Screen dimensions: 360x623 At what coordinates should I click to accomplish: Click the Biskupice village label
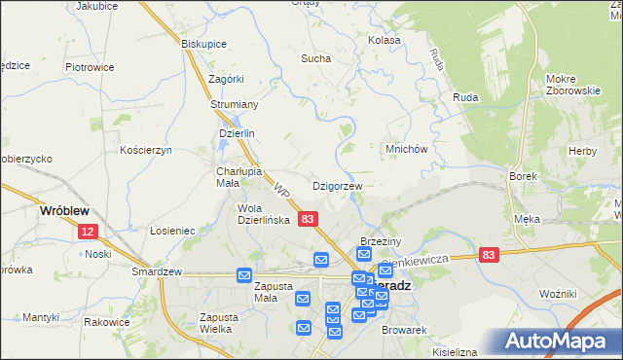pyautogui.click(x=204, y=44)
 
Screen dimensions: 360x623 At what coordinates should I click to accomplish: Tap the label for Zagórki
pyautogui.click(x=225, y=79)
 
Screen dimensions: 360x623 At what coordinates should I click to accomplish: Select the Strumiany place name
pyautogui.click(x=234, y=104)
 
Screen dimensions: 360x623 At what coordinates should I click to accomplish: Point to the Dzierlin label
pyautogui.click(x=237, y=134)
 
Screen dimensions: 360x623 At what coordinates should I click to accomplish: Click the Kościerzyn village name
pyautogui.click(x=145, y=150)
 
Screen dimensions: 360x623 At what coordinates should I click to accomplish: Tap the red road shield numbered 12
pyautogui.click(x=89, y=232)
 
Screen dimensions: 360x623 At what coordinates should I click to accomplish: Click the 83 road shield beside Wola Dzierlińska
pyautogui.click(x=308, y=220)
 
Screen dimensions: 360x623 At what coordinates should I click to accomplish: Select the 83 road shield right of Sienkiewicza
pyautogui.click(x=489, y=254)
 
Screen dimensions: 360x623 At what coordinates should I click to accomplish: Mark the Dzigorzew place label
pyautogui.click(x=337, y=185)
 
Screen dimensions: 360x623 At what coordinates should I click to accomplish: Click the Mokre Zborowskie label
pyautogui.click(x=573, y=85)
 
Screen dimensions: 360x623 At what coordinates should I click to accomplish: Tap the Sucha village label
pyautogui.click(x=315, y=58)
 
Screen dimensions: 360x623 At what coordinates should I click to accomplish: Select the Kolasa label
pyautogui.click(x=385, y=41)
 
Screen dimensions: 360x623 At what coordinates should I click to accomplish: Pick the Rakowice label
pyautogui.click(x=107, y=322)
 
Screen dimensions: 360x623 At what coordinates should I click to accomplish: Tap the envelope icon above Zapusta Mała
pyautogui.click(x=243, y=276)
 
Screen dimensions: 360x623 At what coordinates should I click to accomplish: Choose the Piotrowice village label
pyautogui.click(x=90, y=67)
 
